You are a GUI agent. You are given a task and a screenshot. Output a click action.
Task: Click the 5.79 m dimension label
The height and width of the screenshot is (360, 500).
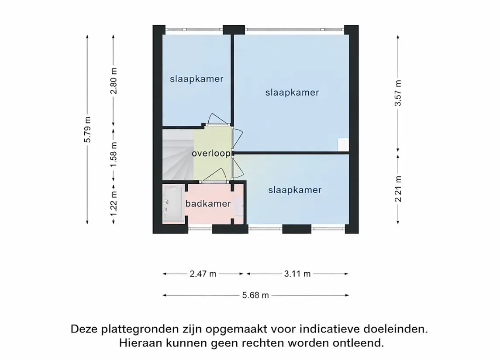point(88,130)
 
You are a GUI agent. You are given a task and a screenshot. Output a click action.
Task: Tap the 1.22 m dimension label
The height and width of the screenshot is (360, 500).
point(114,201)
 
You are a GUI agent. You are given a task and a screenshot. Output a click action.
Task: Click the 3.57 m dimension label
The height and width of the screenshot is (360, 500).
point(398,94)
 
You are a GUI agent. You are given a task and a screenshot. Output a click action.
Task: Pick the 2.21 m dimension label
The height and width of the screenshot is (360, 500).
point(398,189)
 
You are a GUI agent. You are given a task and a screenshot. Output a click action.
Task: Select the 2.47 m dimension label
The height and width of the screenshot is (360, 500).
point(203,274)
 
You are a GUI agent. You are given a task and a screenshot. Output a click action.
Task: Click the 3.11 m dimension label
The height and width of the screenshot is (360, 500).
point(297,274)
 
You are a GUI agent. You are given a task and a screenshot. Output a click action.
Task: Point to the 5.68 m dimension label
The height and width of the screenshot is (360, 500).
point(255,295)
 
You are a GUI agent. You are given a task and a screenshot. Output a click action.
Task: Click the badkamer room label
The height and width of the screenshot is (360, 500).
point(202,204)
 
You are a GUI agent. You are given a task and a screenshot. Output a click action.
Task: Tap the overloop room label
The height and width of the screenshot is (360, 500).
point(211,154)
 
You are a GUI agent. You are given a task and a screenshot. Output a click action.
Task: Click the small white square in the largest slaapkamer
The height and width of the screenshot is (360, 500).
point(343,145)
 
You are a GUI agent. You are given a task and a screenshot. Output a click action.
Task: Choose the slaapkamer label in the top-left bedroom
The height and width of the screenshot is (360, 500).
point(197,79)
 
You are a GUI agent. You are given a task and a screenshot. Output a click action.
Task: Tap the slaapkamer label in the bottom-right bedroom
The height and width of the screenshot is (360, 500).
point(295,190)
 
